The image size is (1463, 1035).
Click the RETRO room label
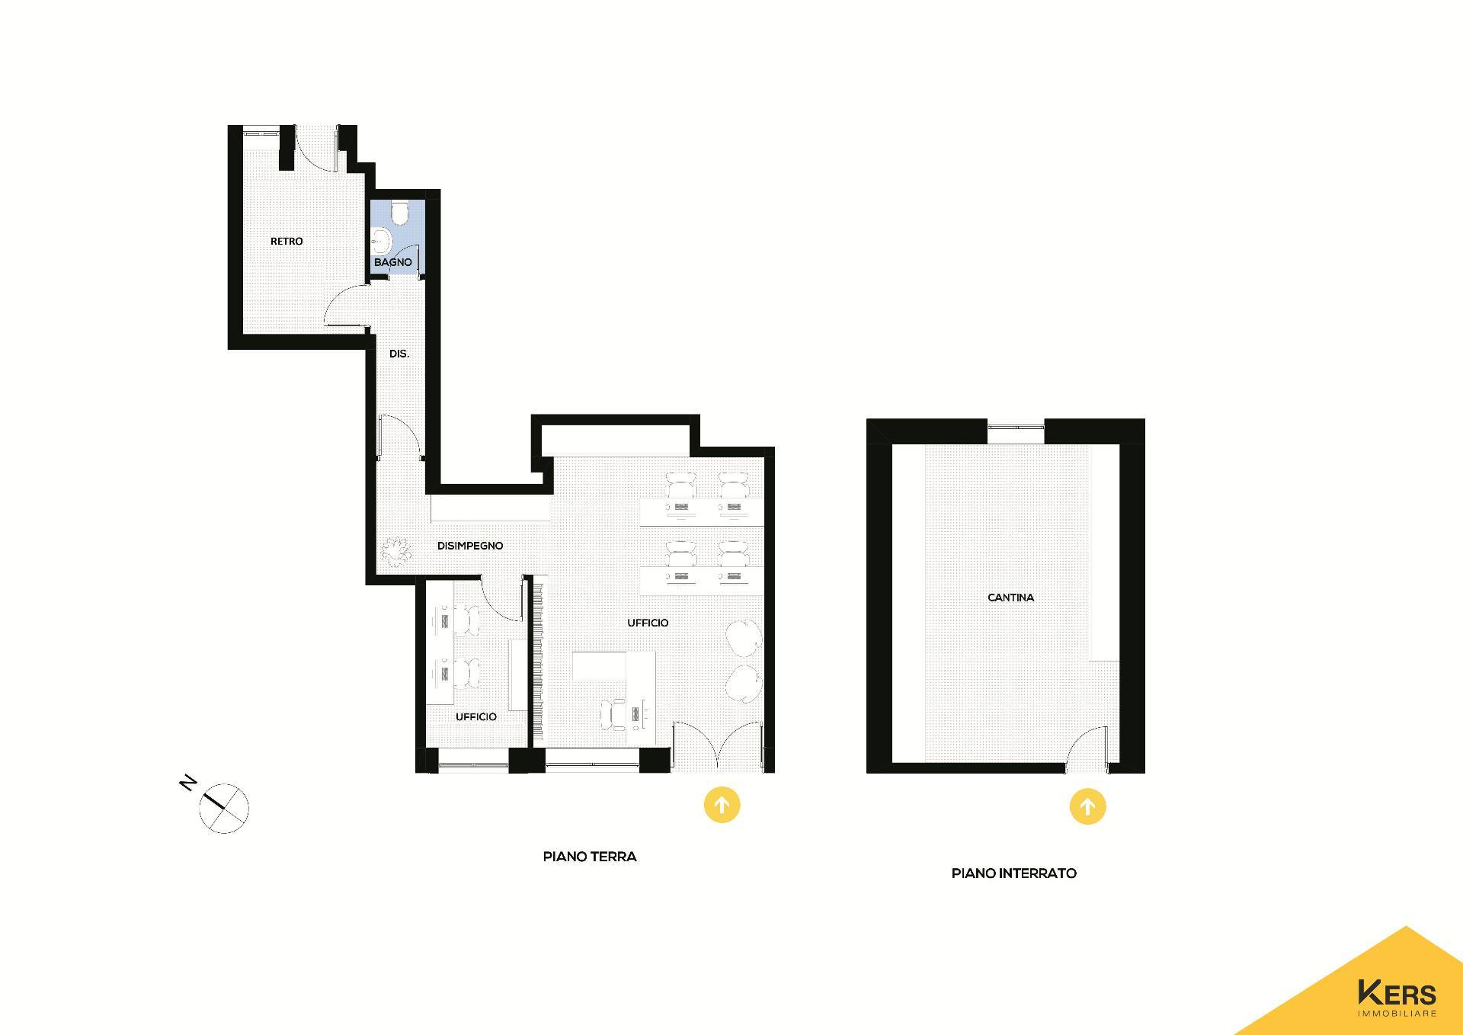click(x=287, y=241)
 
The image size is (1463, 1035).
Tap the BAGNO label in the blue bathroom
click(x=392, y=262)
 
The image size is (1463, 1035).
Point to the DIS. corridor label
click(x=399, y=354)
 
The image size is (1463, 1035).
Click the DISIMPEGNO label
click(x=470, y=546)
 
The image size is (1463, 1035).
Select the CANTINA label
click(x=1010, y=598)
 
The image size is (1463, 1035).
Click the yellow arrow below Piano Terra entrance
click(x=722, y=805)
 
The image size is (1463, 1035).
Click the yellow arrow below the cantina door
click(x=1087, y=806)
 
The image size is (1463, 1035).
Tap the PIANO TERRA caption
click(x=590, y=857)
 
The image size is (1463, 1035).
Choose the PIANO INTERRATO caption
click(x=1014, y=873)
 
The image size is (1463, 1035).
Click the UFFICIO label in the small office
click(x=476, y=717)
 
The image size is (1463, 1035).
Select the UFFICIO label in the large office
click(x=648, y=623)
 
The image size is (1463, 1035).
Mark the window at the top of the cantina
click(x=1016, y=431)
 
